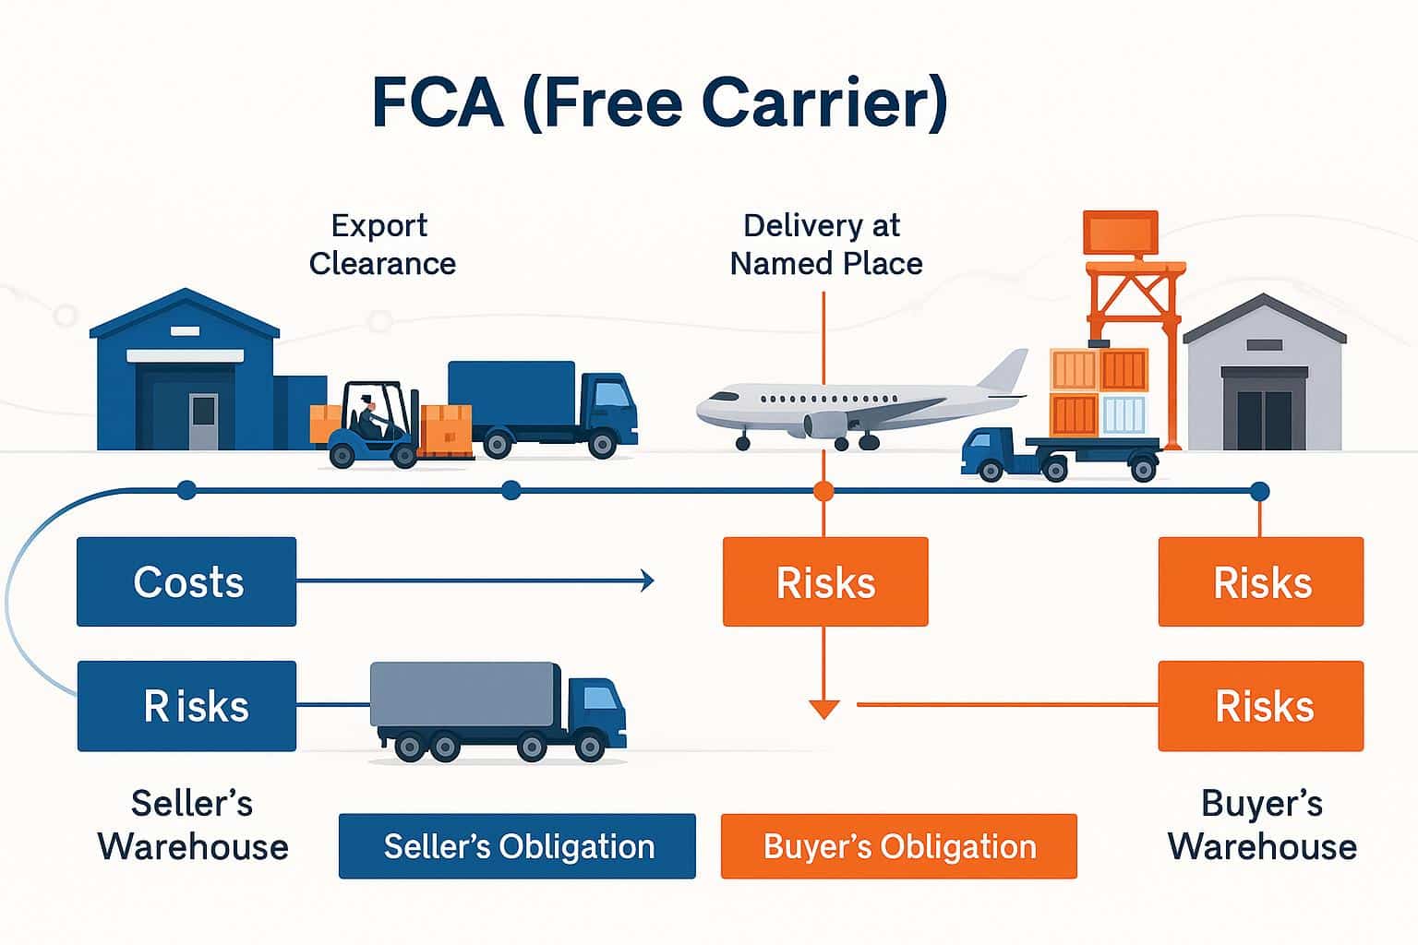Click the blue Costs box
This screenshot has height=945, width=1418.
(186, 581)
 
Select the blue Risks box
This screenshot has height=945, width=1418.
(186, 706)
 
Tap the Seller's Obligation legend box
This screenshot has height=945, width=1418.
(517, 846)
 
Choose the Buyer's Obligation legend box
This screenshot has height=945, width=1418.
(898, 846)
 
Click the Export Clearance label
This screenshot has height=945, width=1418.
(381, 245)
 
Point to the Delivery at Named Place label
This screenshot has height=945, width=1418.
(825, 245)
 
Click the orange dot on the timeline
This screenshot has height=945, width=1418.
(823, 491)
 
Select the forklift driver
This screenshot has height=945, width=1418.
(368, 416)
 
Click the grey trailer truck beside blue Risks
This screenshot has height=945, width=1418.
(499, 711)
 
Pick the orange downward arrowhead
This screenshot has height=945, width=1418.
(823, 709)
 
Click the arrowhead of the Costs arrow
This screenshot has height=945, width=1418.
(648, 580)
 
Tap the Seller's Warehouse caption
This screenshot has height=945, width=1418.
(193, 824)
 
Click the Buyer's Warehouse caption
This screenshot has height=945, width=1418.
(1262, 824)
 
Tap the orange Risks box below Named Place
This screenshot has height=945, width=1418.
(824, 581)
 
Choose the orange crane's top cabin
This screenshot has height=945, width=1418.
(1120, 233)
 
